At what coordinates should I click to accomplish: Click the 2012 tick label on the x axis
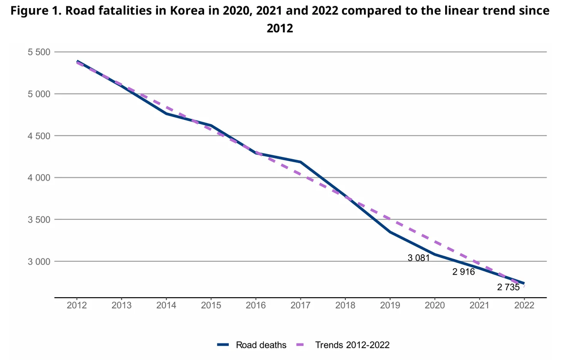[x=77, y=306]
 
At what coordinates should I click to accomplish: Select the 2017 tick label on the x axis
[x=300, y=306]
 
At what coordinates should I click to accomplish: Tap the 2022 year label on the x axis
[x=524, y=306]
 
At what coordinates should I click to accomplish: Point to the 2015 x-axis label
[x=211, y=306]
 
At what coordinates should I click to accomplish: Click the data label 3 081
[x=419, y=258]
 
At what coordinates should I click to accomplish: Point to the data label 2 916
[x=463, y=272]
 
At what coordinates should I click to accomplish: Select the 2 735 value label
[x=508, y=287]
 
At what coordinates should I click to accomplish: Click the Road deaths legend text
[x=261, y=344]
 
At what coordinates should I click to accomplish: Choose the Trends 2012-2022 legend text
[x=352, y=344]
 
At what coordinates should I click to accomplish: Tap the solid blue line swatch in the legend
[x=223, y=344]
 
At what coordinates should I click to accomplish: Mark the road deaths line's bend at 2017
[x=300, y=162]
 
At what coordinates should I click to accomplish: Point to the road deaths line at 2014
[x=166, y=113]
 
